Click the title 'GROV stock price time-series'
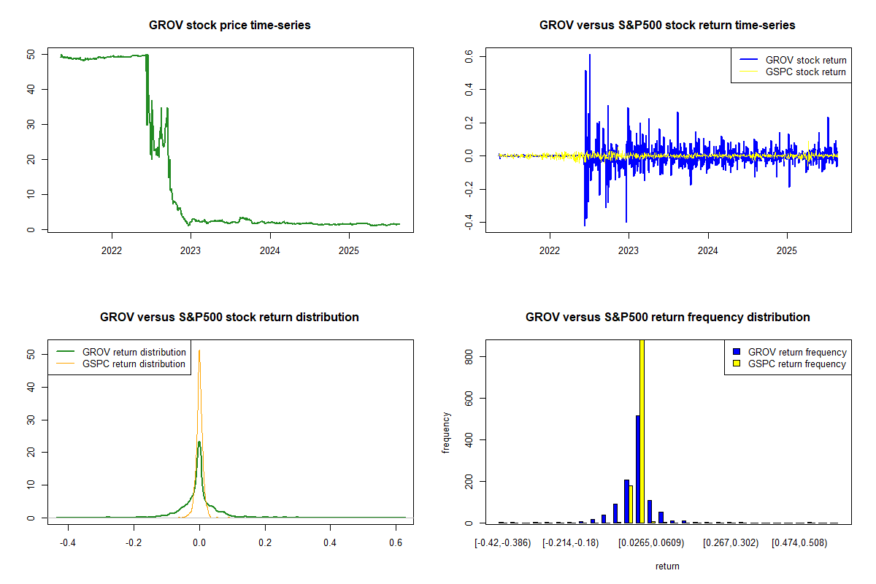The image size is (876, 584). tap(229, 26)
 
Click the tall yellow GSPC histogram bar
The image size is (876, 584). tap(642, 431)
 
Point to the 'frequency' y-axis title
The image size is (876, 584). tap(446, 433)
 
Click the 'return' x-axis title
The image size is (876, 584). tap(667, 566)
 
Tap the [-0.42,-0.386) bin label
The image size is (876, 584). tap(502, 543)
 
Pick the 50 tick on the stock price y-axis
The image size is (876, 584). tap(31, 55)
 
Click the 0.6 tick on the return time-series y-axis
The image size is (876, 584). tap(469, 56)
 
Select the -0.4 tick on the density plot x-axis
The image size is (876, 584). tap(68, 543)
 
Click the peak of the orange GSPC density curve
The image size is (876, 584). tap(199, 351)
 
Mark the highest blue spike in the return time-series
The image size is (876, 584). tap(590, 55)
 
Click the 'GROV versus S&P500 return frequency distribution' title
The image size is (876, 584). tap(667, 318)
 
